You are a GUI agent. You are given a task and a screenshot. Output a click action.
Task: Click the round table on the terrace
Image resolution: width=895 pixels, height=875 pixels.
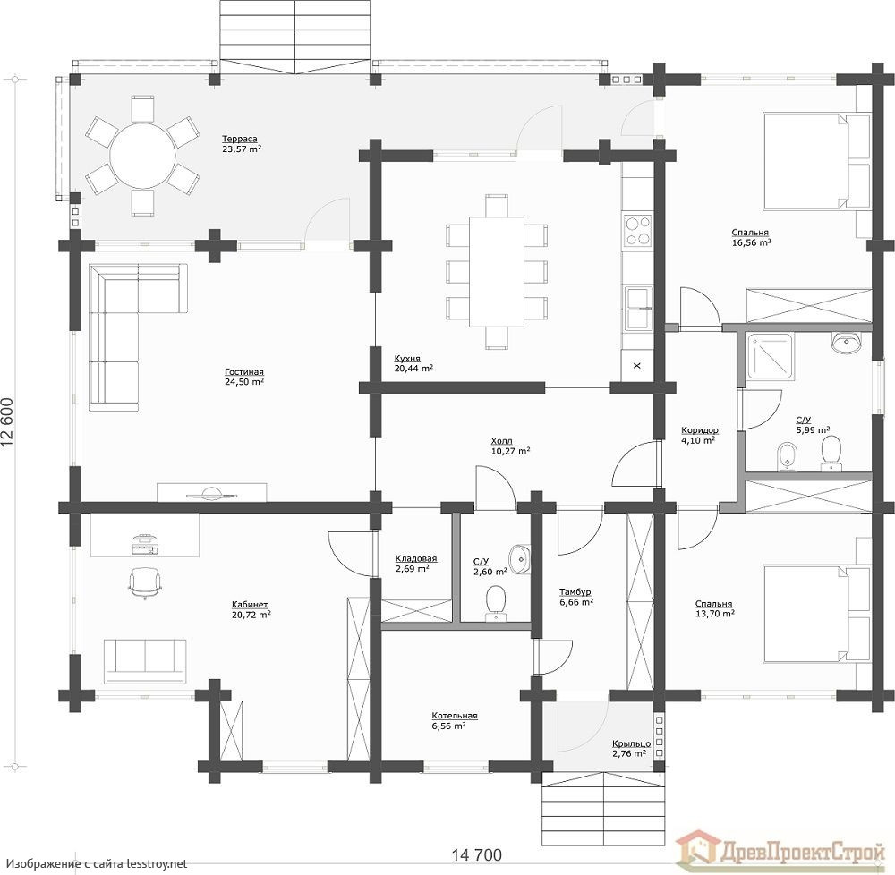[x=142, y=155]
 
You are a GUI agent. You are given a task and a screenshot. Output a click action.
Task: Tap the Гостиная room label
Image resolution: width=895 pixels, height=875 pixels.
[x=244, y=372]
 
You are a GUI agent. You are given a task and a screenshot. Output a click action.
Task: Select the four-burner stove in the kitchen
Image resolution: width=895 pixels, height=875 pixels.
[x=637, y=230]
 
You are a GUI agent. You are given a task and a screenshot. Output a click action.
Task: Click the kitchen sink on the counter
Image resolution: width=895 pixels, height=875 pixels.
[x=638, y=308]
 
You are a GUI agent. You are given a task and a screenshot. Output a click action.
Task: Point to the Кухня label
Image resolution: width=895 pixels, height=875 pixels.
[x=407, y=358]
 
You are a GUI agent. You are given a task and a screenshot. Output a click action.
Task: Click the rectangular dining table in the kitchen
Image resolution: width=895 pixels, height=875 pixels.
[x=497, y=271]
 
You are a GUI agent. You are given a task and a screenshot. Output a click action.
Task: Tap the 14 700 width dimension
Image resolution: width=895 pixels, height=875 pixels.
[x=477, y=855]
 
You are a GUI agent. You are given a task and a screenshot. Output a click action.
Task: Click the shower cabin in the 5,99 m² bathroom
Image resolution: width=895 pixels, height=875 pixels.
[x=770, y=357]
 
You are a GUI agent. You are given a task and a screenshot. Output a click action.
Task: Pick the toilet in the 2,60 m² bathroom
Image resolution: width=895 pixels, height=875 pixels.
[x=496, y=602]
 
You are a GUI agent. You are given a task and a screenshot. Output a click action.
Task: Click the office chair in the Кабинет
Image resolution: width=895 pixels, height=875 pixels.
[x=144, y=582]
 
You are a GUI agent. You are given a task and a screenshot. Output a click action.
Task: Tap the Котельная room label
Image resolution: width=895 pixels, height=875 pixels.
[x=455, y=715]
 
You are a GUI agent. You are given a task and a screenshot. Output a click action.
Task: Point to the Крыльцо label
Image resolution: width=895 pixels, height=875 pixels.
[x=631, y=743]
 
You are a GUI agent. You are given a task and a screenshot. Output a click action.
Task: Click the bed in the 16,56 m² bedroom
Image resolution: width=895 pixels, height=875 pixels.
[x=816, y=161]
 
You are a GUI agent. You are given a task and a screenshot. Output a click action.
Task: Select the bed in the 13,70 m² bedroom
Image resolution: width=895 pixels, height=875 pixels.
[x=816, y=614]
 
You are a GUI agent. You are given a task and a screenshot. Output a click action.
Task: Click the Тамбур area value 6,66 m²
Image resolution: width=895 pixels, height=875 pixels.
[x=576, y=602]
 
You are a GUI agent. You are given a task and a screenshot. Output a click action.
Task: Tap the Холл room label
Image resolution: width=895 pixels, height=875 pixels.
[x=502, y=441]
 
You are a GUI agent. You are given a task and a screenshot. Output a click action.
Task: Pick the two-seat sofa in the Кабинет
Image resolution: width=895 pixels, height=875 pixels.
[x=146, y=660]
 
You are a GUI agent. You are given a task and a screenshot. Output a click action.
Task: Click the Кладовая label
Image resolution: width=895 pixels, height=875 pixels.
[x=416, y=558]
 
